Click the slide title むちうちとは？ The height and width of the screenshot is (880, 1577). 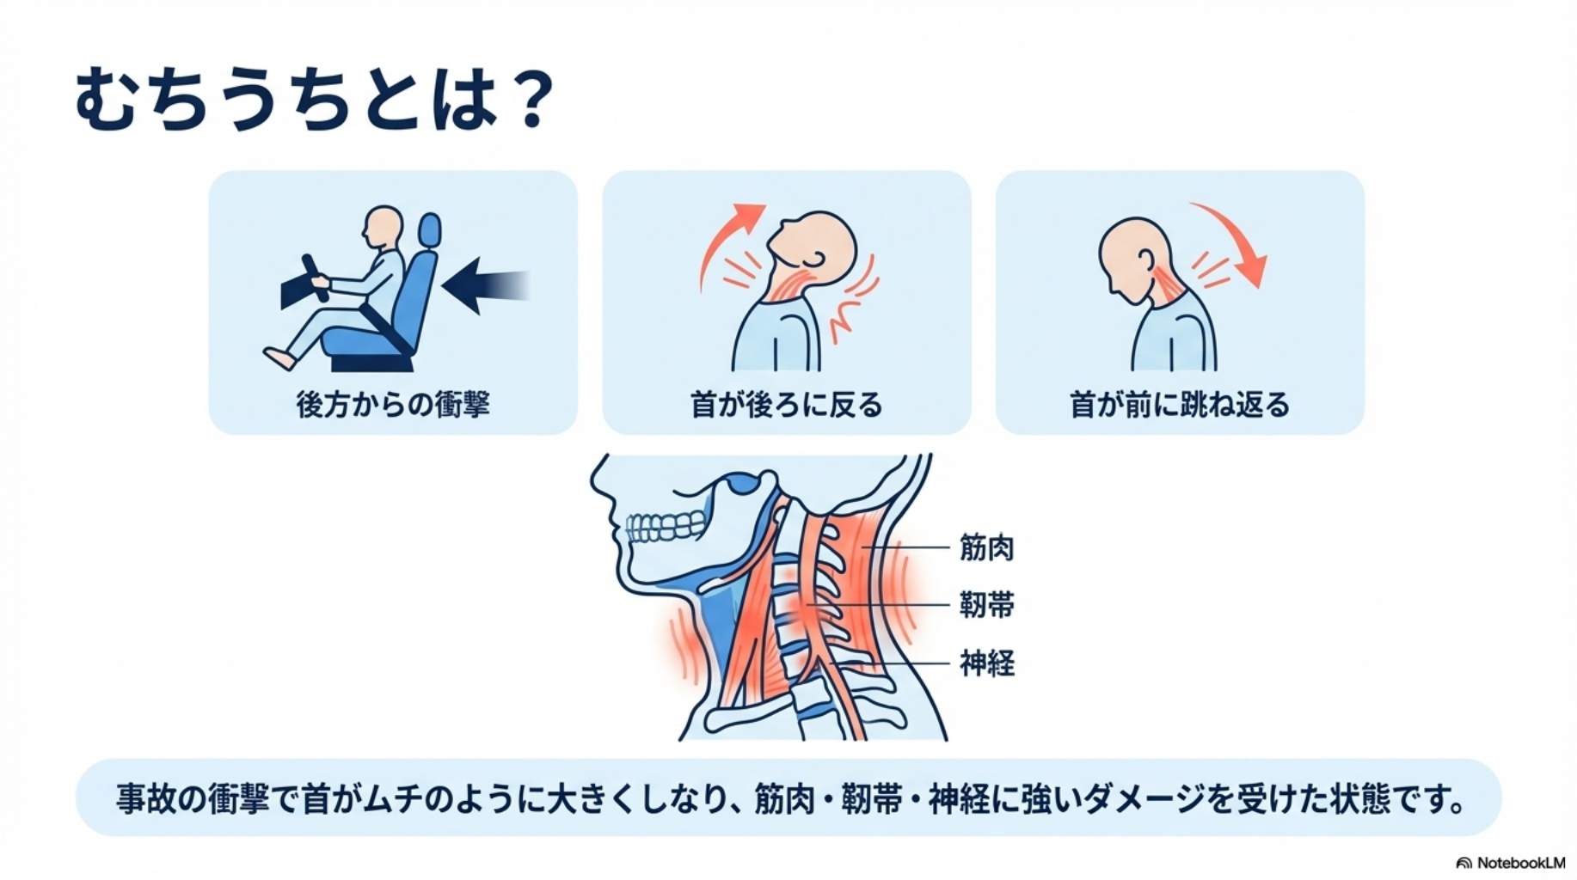[x=314, y=100]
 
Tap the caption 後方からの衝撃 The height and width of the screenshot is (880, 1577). [x=393, y=404]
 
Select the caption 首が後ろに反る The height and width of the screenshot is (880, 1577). [x=786, y=404]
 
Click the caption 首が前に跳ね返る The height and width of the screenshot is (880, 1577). [x=1179, y=404]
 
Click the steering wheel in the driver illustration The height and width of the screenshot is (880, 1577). [x=315, y=277]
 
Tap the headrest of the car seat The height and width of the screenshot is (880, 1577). [x=429, y=230]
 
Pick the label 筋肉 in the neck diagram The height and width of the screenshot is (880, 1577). [x=986, y=547]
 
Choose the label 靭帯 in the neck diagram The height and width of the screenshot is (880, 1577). [x=986, y=605]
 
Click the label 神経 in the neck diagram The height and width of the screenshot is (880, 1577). [x=986, y=663]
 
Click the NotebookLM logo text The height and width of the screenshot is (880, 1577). [x=1519, y=863]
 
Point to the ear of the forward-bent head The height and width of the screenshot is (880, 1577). [x=1145, y=259]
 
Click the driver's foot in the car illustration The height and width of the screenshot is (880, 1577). [x=278, y=357]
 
